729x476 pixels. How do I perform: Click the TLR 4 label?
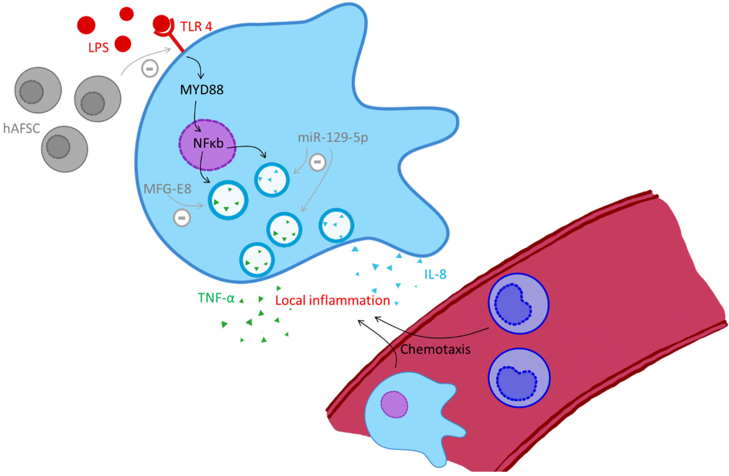(x=196, y=27)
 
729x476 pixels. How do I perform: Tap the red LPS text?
(x=99, y=48)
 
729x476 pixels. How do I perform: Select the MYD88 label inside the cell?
(x=202, y=90)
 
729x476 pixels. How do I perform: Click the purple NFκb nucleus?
(x=207, y=145)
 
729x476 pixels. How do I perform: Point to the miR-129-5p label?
(x=333, y=138)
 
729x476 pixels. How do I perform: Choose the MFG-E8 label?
(x=167, y=189)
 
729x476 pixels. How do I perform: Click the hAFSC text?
(x=21, y=128)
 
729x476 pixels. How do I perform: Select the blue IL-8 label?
(x=435, y=274)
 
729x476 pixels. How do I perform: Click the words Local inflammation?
(x=332, y=300)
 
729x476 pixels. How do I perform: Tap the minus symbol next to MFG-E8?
(x=182, y=218)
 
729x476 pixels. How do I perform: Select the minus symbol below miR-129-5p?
(x=317, y=162)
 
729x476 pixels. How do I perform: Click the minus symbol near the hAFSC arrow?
(x=150, y=69)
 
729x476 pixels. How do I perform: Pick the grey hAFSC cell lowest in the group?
(x=65, y=149)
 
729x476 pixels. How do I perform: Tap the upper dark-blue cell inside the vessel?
(x=518, y=303)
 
